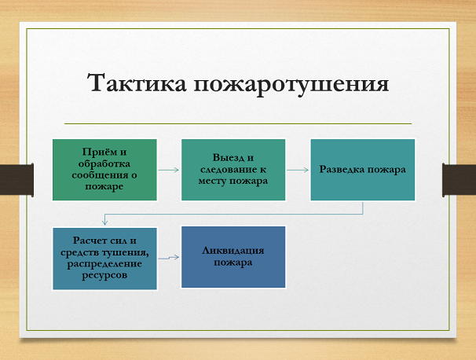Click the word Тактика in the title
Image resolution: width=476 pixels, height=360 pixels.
click(133, 84)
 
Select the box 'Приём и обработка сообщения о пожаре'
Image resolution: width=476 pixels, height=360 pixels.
click(104, 169)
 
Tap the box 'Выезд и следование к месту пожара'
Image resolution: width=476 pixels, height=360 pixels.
click(233, 169)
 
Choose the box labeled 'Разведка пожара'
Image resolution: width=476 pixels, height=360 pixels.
click(362, 169)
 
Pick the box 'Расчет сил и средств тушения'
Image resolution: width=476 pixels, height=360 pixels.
click(104, 258)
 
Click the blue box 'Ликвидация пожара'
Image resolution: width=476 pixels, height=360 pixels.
click(233, 257)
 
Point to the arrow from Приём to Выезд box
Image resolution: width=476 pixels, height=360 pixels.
click(168, 169)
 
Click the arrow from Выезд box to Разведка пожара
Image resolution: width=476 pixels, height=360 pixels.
click(297, 169)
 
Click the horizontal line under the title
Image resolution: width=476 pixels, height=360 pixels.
click(237, 123)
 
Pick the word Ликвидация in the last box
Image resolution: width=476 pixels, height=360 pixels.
click(233, 251)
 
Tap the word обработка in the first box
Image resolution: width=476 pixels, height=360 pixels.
click(104, 163)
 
